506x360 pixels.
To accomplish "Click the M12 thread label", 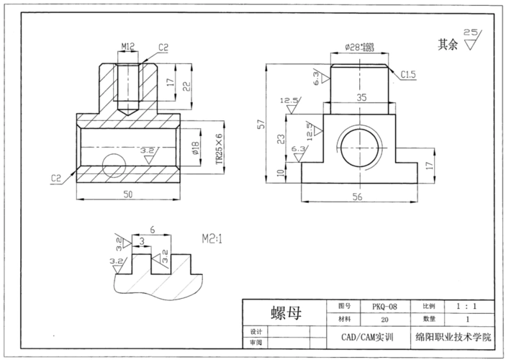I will (x=128, y=47).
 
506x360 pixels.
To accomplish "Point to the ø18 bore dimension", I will (x=195, y=148).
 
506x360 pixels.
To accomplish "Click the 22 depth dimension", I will (x=186, y=86).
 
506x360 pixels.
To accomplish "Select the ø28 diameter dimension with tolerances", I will (x=363, y=47).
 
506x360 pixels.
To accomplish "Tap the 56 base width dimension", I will (x=358, y=195).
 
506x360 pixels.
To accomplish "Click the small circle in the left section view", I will (x=114, y=165).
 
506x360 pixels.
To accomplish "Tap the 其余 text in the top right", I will (x=449, y=44).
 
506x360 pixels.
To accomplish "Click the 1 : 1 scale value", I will (x=467, y=306).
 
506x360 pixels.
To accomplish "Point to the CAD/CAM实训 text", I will (x=369, y=336).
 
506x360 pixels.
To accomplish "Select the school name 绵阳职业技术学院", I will (x=454, y=336).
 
